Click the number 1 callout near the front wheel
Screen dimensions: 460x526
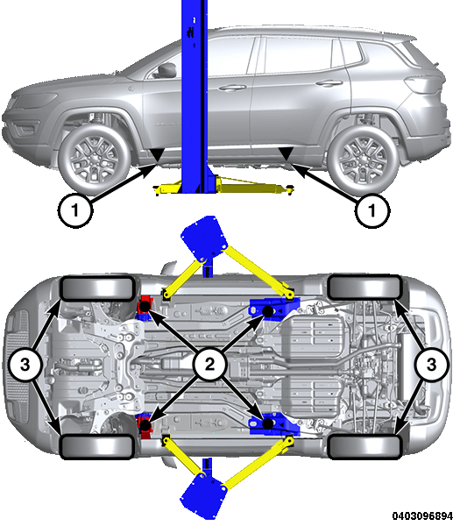[74, 210]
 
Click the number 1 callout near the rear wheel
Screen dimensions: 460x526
[372, 210]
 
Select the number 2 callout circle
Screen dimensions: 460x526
[210, 365]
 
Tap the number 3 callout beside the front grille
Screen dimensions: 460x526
[25, 365]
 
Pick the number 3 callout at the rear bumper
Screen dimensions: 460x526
[431, 365]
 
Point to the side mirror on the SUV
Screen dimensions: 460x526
[166, 69]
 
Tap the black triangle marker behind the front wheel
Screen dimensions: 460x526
[157, 155]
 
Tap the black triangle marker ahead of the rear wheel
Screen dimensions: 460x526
[286, 153]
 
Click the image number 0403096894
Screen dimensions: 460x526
[422, 515]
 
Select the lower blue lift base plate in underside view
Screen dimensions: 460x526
[203, 495]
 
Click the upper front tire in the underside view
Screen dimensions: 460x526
[97, 288]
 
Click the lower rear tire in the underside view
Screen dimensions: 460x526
[364, 446]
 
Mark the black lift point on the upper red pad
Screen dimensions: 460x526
[145, 306]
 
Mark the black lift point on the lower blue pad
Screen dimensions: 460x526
[267, 423]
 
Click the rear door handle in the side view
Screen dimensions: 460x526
[329, 82]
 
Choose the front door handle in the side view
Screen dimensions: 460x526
[232, 88]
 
